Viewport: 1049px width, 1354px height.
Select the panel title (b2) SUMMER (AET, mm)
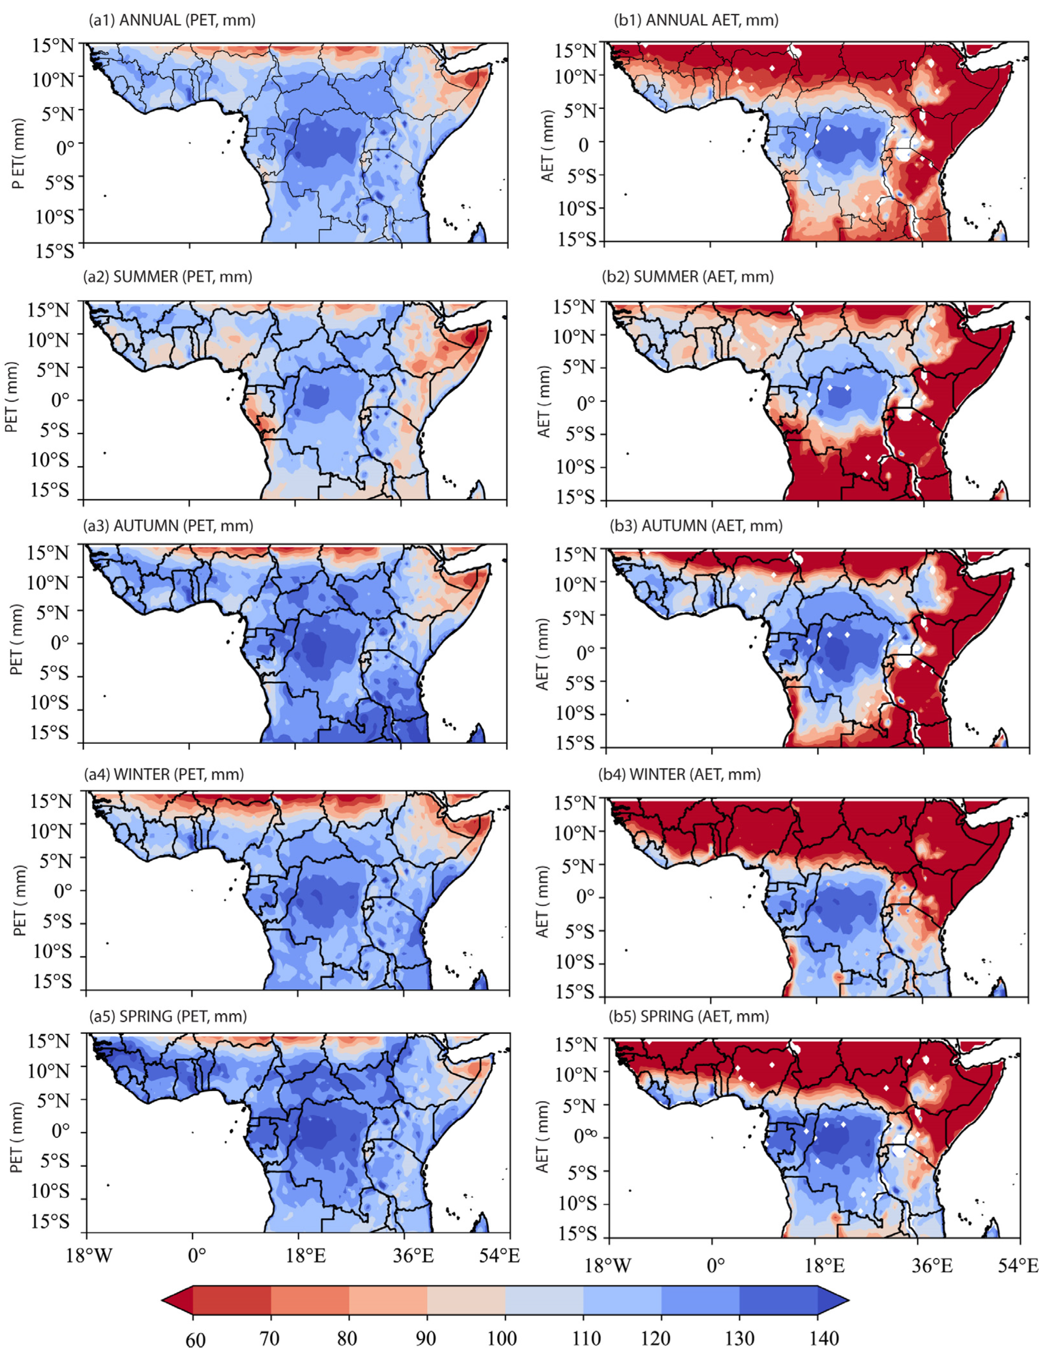coord(688,277)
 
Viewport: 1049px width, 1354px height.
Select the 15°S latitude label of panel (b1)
coord(577,240)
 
